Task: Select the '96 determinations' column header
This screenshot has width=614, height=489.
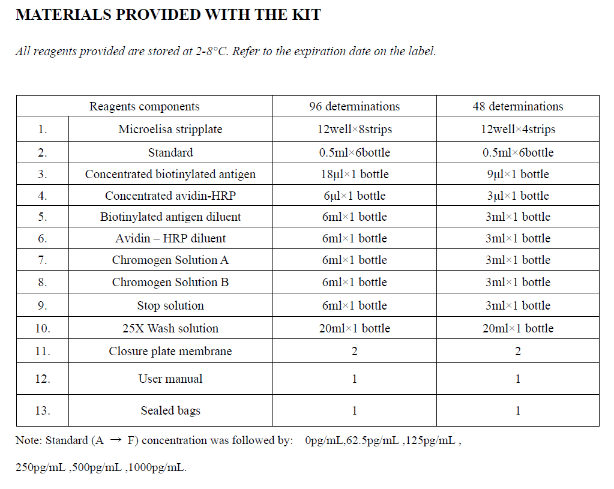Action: tap(354, 107)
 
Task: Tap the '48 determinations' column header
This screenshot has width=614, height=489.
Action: tap(517, 107)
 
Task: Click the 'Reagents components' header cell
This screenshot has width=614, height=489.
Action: tap(144, 107)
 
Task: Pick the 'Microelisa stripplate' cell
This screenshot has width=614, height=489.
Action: tap(170, 129)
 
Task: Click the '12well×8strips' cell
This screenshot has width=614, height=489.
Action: tap(354, 129)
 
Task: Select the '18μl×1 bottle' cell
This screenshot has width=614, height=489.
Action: tap(354, 175)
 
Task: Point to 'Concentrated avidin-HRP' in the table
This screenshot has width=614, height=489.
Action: tap(170, 196)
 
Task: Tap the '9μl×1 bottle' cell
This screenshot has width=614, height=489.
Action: tap(517, 175)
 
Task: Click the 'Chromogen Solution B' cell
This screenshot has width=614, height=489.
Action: tap(170, 283)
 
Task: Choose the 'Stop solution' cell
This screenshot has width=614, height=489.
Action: tap(170, 306)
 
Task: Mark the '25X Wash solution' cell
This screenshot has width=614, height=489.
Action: tap(170, 329)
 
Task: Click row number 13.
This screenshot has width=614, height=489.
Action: tap(42, 411)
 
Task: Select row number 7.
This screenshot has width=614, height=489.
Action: tap(42, 260)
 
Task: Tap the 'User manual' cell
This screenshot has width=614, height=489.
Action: tap(170, 379)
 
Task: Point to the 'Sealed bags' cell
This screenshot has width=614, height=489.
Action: tap(170, 411)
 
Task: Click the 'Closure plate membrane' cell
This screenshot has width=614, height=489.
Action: tap(170, 352)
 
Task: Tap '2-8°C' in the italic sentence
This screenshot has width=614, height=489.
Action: tap(212, 52)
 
